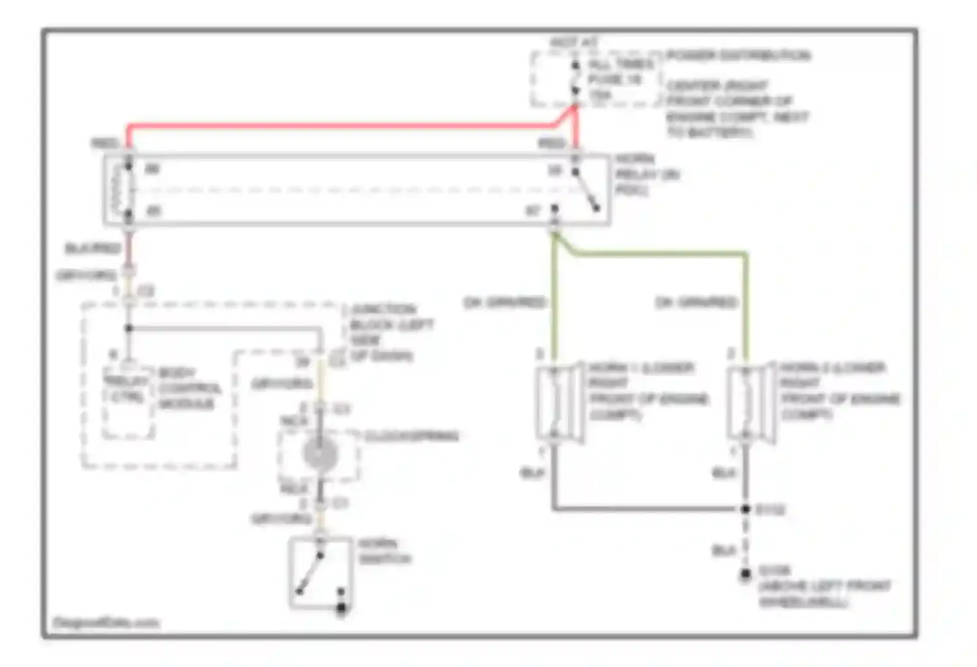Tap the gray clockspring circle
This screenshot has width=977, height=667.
point(320,454)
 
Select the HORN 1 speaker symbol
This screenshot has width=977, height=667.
point(559,404)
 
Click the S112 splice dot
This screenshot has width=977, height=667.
point(746,509)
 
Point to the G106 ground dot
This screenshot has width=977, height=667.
point(745,575)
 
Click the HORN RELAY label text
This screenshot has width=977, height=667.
point(645,175)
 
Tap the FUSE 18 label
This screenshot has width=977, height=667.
point(615,79)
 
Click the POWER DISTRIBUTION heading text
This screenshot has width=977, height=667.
point(738,55)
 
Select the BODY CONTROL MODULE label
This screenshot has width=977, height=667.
point(189,389)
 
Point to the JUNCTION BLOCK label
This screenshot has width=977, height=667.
point(391,324)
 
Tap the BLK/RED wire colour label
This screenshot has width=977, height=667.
point(92,248)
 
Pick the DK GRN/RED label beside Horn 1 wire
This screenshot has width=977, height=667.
point(504,302)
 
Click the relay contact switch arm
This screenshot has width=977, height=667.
point(587,192)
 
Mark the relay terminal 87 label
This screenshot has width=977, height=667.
point(533,211)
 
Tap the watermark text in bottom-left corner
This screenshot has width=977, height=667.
point(106,623)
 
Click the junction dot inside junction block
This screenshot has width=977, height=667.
point(129,328)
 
